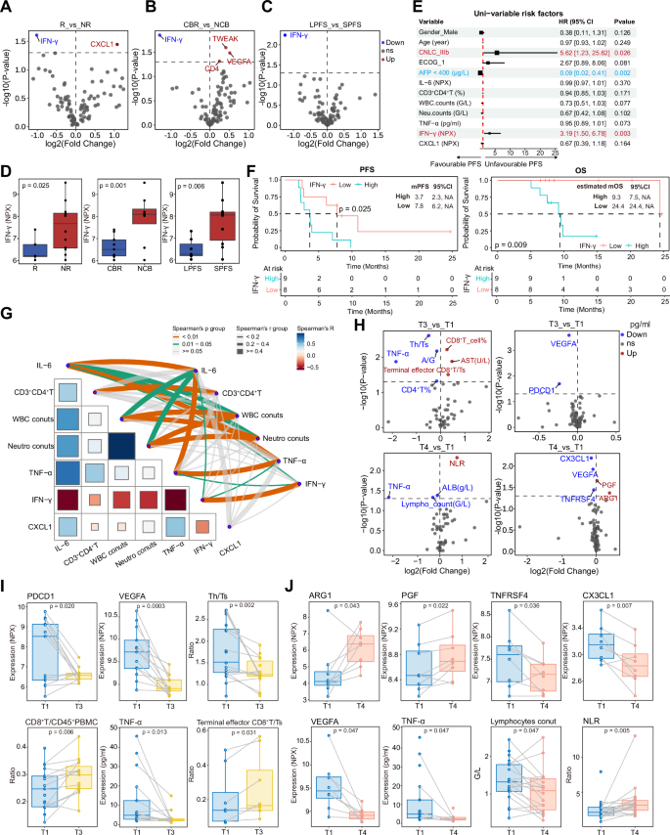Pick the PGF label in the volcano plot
pyautogui.click(x=610, y=486)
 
